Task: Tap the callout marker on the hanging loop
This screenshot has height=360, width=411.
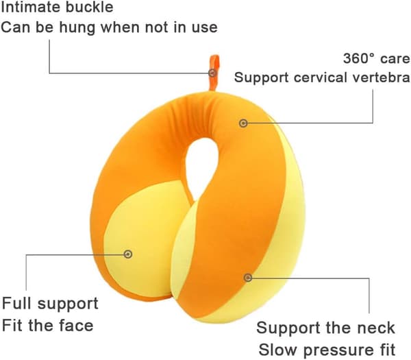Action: click(x=212, y=73)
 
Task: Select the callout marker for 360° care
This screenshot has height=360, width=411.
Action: click(x=243, y=123)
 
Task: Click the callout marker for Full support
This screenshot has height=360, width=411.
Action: click(x=128, y=254)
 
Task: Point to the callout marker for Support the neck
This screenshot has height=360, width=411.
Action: click(x=248, y=277)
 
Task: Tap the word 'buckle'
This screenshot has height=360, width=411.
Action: click(x=89, y=7)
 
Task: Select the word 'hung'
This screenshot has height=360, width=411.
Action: click(x=77, y=27)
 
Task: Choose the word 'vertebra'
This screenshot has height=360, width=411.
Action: click(x=381, y=77)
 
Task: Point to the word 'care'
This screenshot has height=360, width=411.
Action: click(x=395, y=59)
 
